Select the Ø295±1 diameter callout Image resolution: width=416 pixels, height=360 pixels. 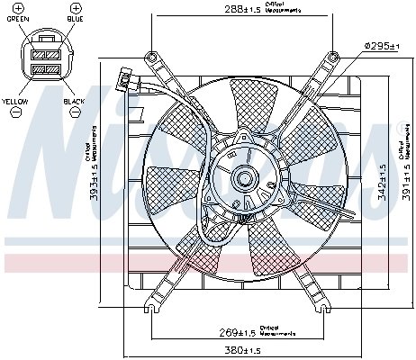click(380, 45)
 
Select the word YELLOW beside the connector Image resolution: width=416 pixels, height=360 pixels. click(15, 102)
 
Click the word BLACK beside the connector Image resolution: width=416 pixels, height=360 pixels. click(74, 102)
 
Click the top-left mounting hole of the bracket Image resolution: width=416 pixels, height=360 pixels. click(154, 58)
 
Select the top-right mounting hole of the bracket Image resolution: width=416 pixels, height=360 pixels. click(332, 58)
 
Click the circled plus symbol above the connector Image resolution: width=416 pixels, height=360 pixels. click(74, 7)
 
